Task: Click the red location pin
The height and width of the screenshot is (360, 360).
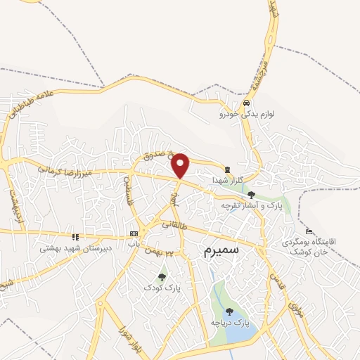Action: (181, 165)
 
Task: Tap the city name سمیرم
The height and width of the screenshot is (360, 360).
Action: (221, 249)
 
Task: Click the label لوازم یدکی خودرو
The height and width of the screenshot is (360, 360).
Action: (243, 112)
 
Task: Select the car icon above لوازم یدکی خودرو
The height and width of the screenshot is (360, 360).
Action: (245, 103)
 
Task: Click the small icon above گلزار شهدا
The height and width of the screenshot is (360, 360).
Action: (227, 169)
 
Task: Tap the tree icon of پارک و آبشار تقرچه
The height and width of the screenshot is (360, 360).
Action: (251, 195)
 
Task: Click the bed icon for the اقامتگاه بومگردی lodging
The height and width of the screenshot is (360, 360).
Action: (309, 231)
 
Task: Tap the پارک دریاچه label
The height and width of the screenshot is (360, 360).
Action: (232, 323)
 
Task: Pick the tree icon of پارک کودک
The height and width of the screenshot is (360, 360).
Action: (162, 277)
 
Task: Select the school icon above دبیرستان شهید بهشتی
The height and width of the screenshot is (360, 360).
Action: (75, 237)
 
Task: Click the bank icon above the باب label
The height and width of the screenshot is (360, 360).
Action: (134, 233)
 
